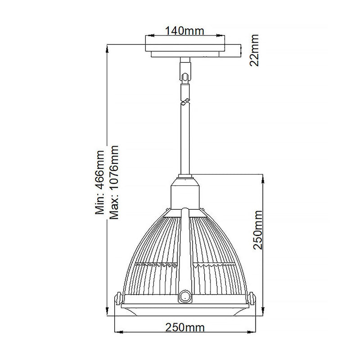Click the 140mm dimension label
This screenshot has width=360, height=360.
184,31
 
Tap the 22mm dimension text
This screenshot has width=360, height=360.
254,50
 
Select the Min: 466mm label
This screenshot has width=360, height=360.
99,183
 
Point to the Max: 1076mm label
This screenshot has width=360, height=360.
114,182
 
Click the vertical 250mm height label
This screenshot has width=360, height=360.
257,229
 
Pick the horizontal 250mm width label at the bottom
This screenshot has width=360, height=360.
185,328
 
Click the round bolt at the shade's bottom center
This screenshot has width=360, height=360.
184,297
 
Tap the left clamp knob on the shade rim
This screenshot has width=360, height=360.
117,299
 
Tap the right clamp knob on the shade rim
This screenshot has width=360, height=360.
252,299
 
